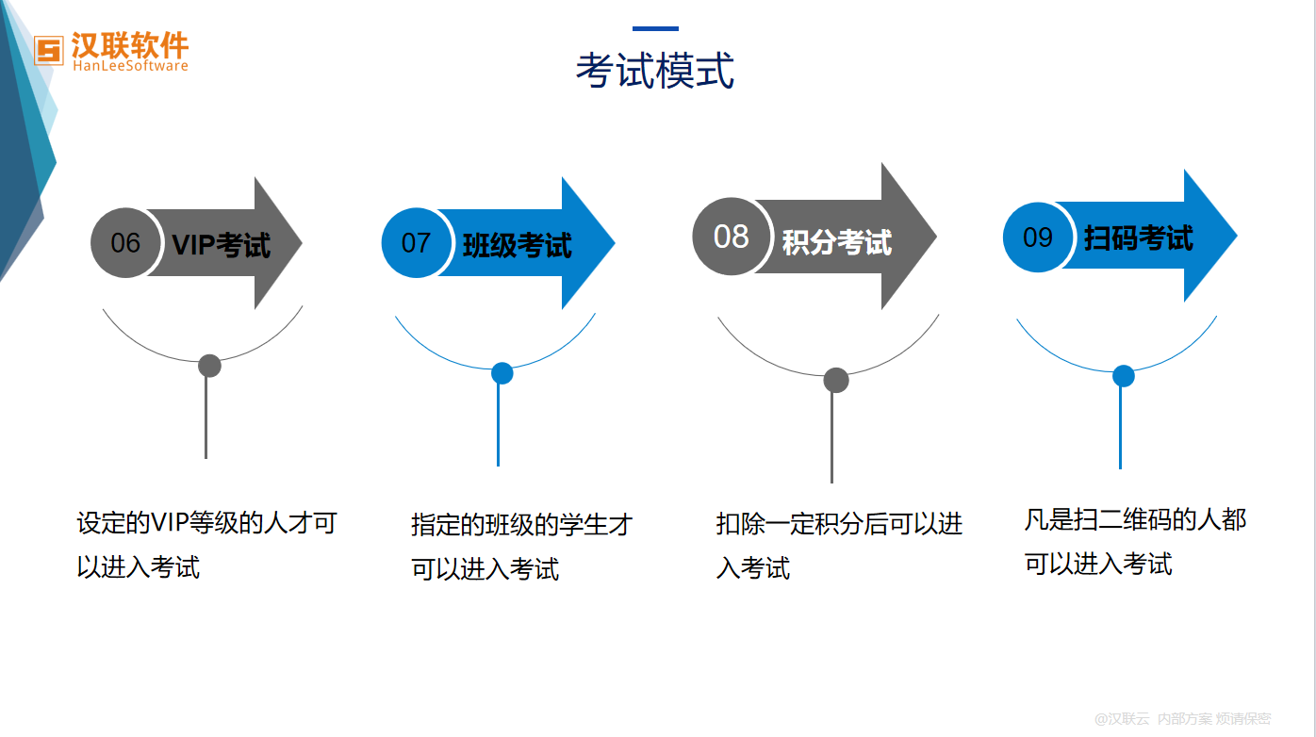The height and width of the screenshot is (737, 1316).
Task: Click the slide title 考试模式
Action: click(x=655, y=71)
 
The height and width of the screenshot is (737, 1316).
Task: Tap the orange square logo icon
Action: click(x=49, y=51)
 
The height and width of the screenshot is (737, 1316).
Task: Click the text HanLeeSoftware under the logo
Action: click(x=130, y=66)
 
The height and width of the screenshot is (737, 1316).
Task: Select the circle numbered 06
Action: click(x=125, y=242)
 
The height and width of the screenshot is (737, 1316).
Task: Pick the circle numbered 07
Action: click(x=416, y=242)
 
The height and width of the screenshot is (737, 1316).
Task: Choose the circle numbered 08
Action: click(x=731, y=236)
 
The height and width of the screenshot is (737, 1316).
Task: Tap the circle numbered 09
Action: click(x=1038, y=237)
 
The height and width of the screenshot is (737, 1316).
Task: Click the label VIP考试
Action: click(x=222, y=245)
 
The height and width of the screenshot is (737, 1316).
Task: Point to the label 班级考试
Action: click(x=517, y=245)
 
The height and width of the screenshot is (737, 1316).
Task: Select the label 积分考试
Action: click(x=836, y=242)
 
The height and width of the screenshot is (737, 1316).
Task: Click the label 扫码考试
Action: click(x=1139, y=238)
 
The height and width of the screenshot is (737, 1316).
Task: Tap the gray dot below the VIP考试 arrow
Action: click(x=209, y=366)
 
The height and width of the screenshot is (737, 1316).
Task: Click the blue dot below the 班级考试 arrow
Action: click(x=502, y=373)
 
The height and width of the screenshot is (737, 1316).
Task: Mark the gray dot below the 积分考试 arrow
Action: click(x=836, y=380)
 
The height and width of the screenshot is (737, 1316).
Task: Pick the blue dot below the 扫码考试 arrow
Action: click(x=1124, y=376)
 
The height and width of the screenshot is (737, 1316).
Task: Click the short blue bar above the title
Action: click(x=656, y=28)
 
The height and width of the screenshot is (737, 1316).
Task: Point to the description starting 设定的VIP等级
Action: click(x=206, y=545)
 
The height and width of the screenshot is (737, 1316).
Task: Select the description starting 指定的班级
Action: click(x=521, y=547)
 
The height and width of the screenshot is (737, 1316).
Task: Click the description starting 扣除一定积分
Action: click(x=840, y=546)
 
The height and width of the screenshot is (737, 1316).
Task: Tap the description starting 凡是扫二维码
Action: click(x=1135, y=542)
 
